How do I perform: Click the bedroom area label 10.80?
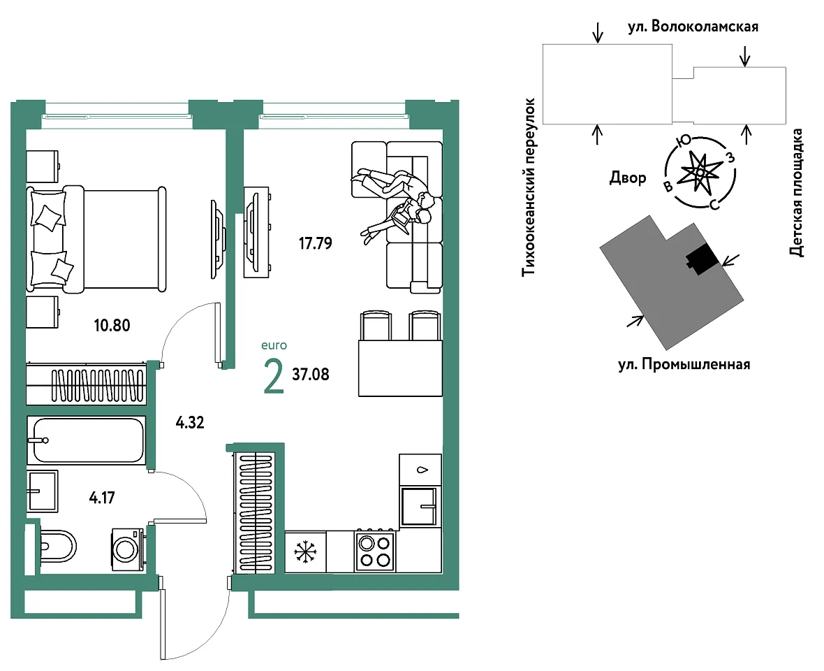tap(112, 326)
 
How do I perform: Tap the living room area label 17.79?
tap(316, 243)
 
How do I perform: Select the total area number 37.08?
tap(311, 375)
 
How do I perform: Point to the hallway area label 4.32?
tap(190, 422)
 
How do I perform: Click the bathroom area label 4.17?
tap(102, 498)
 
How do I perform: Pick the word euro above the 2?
tap(274, 345)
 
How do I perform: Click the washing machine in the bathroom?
tap(128, 549)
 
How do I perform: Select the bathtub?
tap(86, 440)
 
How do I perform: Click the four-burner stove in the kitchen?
tap(375, 550)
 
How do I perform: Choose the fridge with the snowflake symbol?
tap(305, 551)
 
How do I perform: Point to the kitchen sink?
tap(418, 507)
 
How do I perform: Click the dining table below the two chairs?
tap(400, 368)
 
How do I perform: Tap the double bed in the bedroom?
tap(96, 239)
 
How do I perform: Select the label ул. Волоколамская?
tap(693, 27)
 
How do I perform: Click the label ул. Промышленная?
tap(684, 364)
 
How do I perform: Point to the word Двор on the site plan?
tap(628, 178)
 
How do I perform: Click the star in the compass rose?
tap(700, 172)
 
